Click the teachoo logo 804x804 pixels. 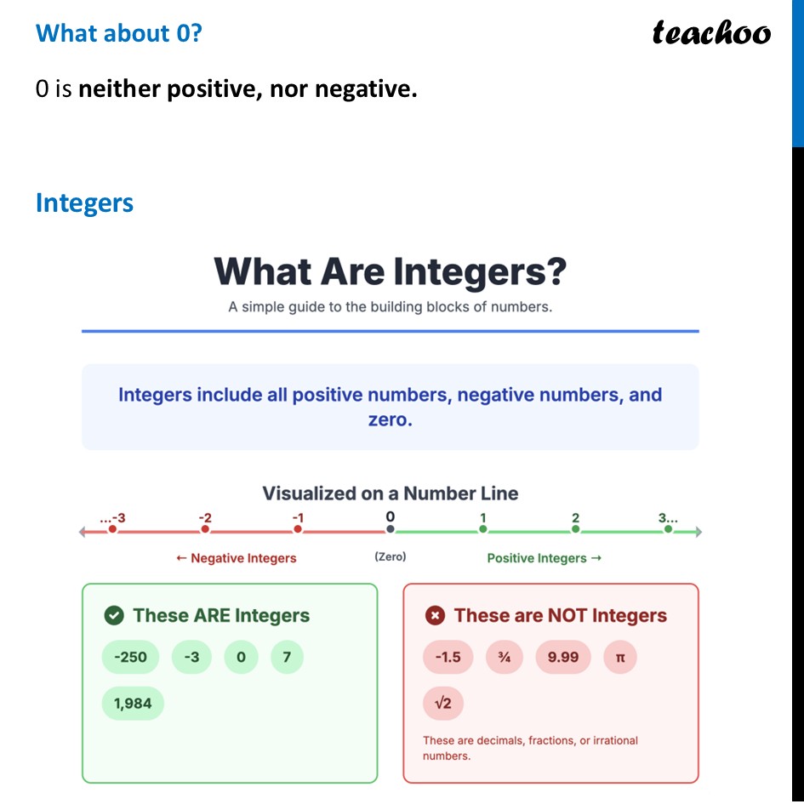tap(711, 33)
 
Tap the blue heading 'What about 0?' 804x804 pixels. tap(119, 33)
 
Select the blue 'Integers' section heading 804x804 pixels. tap(84, 203)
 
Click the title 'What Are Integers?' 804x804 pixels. tap(390, 271)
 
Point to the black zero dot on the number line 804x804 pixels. tap(391, 529)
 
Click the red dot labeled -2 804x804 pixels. tap(205, 529)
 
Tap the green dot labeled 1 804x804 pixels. tap(483, 529)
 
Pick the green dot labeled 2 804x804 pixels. tap(576, 529)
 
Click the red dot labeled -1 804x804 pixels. tap(298, 529)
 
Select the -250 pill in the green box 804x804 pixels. tap(129, 657)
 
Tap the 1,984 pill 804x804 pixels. tap(133, 704)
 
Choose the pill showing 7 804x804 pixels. tap(287, 657)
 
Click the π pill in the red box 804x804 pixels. tap(620, 657)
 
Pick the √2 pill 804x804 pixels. tap(443, 704)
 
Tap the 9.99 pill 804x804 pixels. tap(563, 657)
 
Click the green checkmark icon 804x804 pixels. tap(113, 615)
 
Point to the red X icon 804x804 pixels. tap(435, 615)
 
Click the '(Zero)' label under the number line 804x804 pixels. tap(391, 556)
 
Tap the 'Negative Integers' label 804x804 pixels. tap(237, 558)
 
